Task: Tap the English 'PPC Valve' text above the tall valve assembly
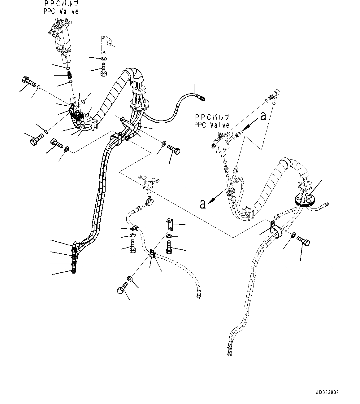61,11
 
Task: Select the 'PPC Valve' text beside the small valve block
212,125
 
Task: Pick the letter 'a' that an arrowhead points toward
203,204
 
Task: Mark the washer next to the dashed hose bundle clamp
293,236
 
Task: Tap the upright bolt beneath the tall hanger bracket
104,69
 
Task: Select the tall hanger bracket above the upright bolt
105,44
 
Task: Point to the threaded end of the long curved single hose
202,99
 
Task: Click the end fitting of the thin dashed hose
198,297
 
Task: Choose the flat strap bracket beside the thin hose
169,224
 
